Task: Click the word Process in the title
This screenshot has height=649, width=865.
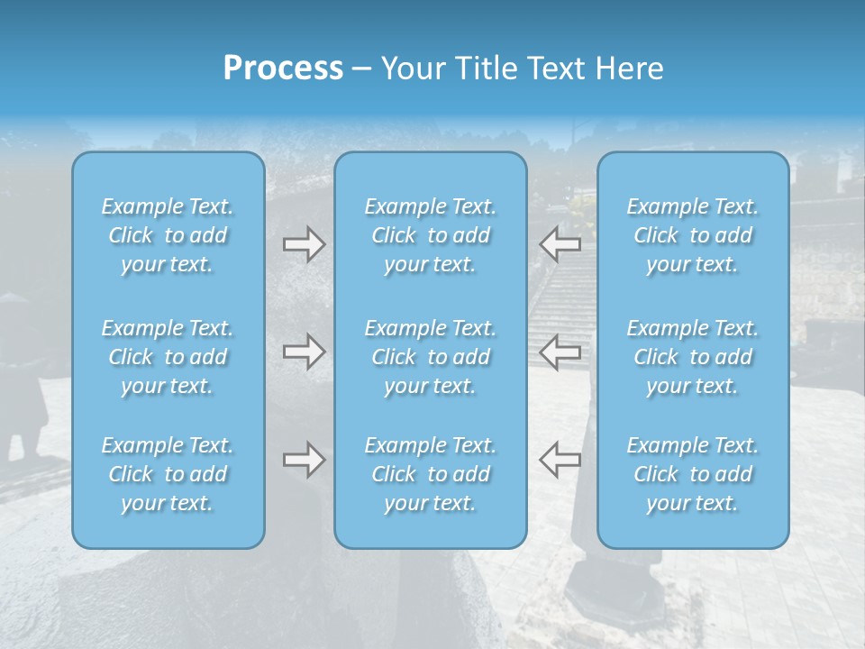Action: [x=283, y=69]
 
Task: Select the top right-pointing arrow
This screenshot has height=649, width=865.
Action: [x=304, y=243]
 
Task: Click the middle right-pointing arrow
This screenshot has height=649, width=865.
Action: [x=304, y=352]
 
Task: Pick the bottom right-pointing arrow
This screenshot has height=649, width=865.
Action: [x=304, y=460]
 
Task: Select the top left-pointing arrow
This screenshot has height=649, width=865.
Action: [x=560, y=243]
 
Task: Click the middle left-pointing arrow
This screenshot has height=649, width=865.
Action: [x=560, y=352]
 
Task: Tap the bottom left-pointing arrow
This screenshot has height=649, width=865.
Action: [x=560, y=460]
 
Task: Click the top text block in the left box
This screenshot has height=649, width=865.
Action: [x=168, y=235]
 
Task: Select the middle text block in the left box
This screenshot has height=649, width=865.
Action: [x=168, y=357]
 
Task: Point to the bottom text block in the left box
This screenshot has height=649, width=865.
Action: [x=168, y=474]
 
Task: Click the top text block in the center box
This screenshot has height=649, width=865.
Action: [x=431, y=235]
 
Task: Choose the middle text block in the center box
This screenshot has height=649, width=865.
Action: [x=431, y=357]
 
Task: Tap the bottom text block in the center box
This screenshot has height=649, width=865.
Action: [x=431, y=474]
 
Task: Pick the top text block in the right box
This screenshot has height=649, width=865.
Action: [x=693, y=235]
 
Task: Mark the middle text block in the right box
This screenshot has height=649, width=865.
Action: [x=693, y=357]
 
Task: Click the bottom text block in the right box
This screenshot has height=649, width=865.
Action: [x=693, y=474]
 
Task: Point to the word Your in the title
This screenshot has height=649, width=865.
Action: [x=410, y=69]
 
